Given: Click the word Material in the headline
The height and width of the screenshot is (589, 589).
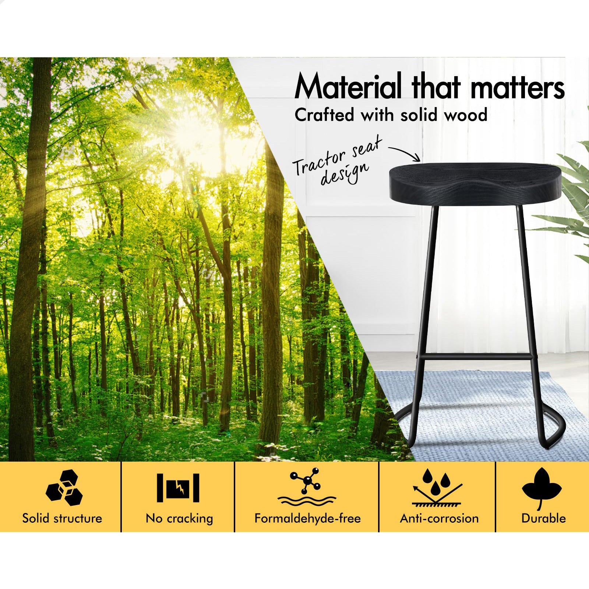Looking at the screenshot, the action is pyautogui.click(x=348, y=86).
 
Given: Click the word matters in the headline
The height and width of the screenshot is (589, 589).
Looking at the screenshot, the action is pyautogui.click(x=518, y=87).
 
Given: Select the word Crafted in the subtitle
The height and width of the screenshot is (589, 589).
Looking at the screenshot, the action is pyautogui.click(x=325, y=115).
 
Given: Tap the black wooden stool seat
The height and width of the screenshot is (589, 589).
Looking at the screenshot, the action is pyautogui.click(x=475, y=183).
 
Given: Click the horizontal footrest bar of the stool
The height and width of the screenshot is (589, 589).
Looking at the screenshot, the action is pyautogui.click(x=475, y=356).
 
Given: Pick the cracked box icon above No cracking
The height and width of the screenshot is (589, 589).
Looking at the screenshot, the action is pyautogui.click(x=178, y=488).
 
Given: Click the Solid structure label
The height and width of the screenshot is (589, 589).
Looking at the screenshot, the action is pyautogui.click(x=62, y=518).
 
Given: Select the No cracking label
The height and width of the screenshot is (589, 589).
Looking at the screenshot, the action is pyautogui.click(x=179, y=519).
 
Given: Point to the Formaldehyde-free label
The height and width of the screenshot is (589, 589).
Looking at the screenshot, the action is pyautogui.click(x=307, y=519).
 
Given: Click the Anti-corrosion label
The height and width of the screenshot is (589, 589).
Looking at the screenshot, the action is pyautogui.click(x=439, y=518).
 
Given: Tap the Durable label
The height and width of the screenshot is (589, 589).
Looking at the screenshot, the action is pyautogui.click(x=543, y=518).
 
